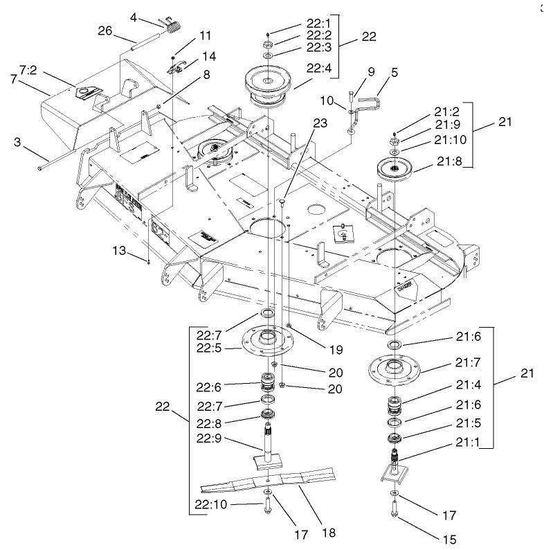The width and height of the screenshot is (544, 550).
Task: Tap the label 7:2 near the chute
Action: (x=28, y=70)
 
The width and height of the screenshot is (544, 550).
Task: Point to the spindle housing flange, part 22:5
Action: (x=267, y=344)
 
